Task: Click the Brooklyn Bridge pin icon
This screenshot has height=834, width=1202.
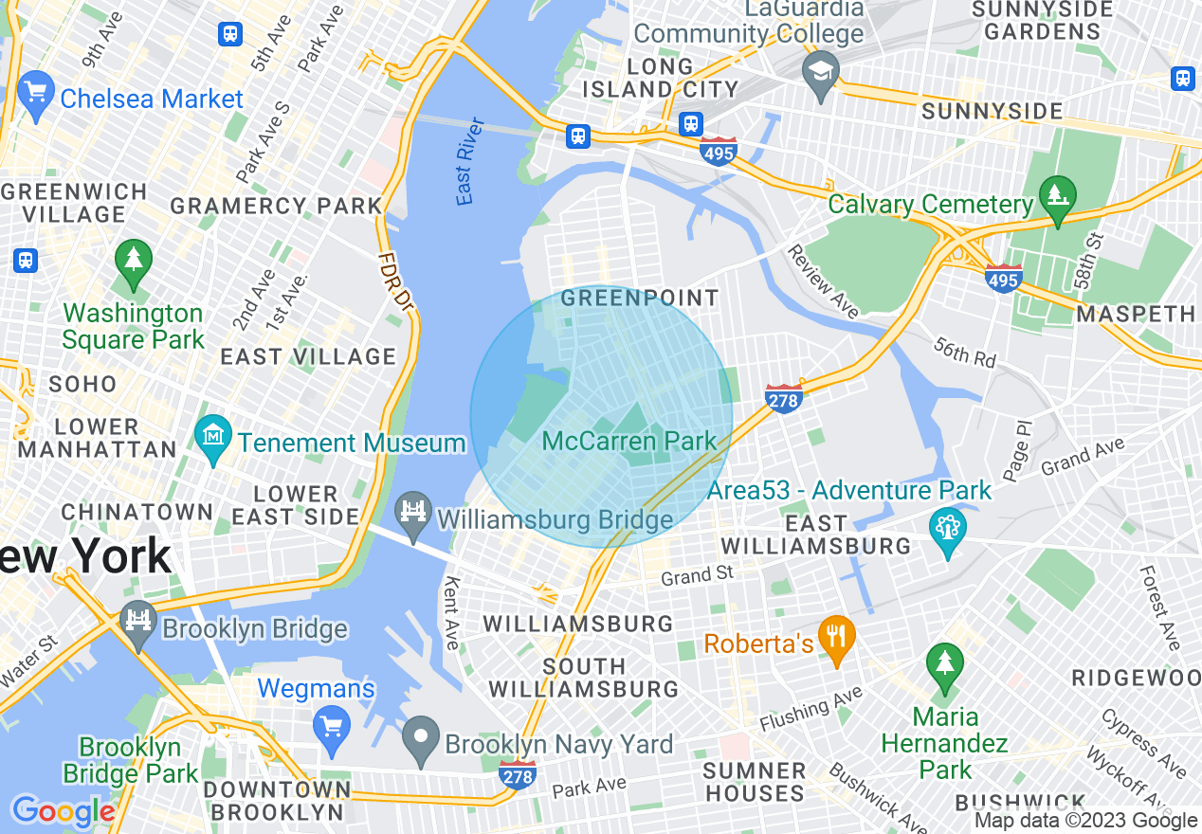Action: tap(138, 622)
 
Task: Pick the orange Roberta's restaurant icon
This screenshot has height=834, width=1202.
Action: tap(835, 637)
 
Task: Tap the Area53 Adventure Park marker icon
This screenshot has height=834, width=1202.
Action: tap(947, 531)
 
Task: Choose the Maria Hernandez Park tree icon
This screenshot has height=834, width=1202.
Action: tap(944, 662)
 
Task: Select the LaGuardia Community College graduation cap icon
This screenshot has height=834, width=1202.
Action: tap(820, 71)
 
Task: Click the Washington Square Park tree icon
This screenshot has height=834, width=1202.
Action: tap(133, 262)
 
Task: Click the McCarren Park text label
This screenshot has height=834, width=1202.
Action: tap(629, 441)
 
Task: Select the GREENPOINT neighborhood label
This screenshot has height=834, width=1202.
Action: tap(640, 298)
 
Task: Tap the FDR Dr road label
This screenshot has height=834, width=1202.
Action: tap(395, 281)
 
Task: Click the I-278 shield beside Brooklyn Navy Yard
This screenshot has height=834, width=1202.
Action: tap(518, 773)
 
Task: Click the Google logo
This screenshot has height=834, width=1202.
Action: tap(63, 811)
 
